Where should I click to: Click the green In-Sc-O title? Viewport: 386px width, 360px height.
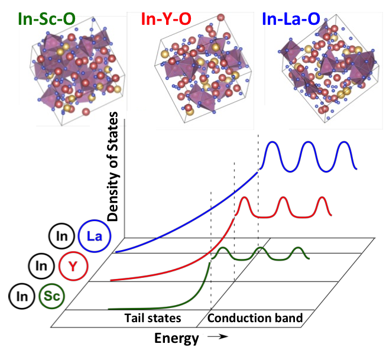[x=47, y=18]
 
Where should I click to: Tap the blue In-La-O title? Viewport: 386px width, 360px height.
[x=291, y=18]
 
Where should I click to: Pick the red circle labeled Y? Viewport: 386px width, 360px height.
[x=73, y=266]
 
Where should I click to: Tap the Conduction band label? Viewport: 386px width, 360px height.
[x=255, y=318]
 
